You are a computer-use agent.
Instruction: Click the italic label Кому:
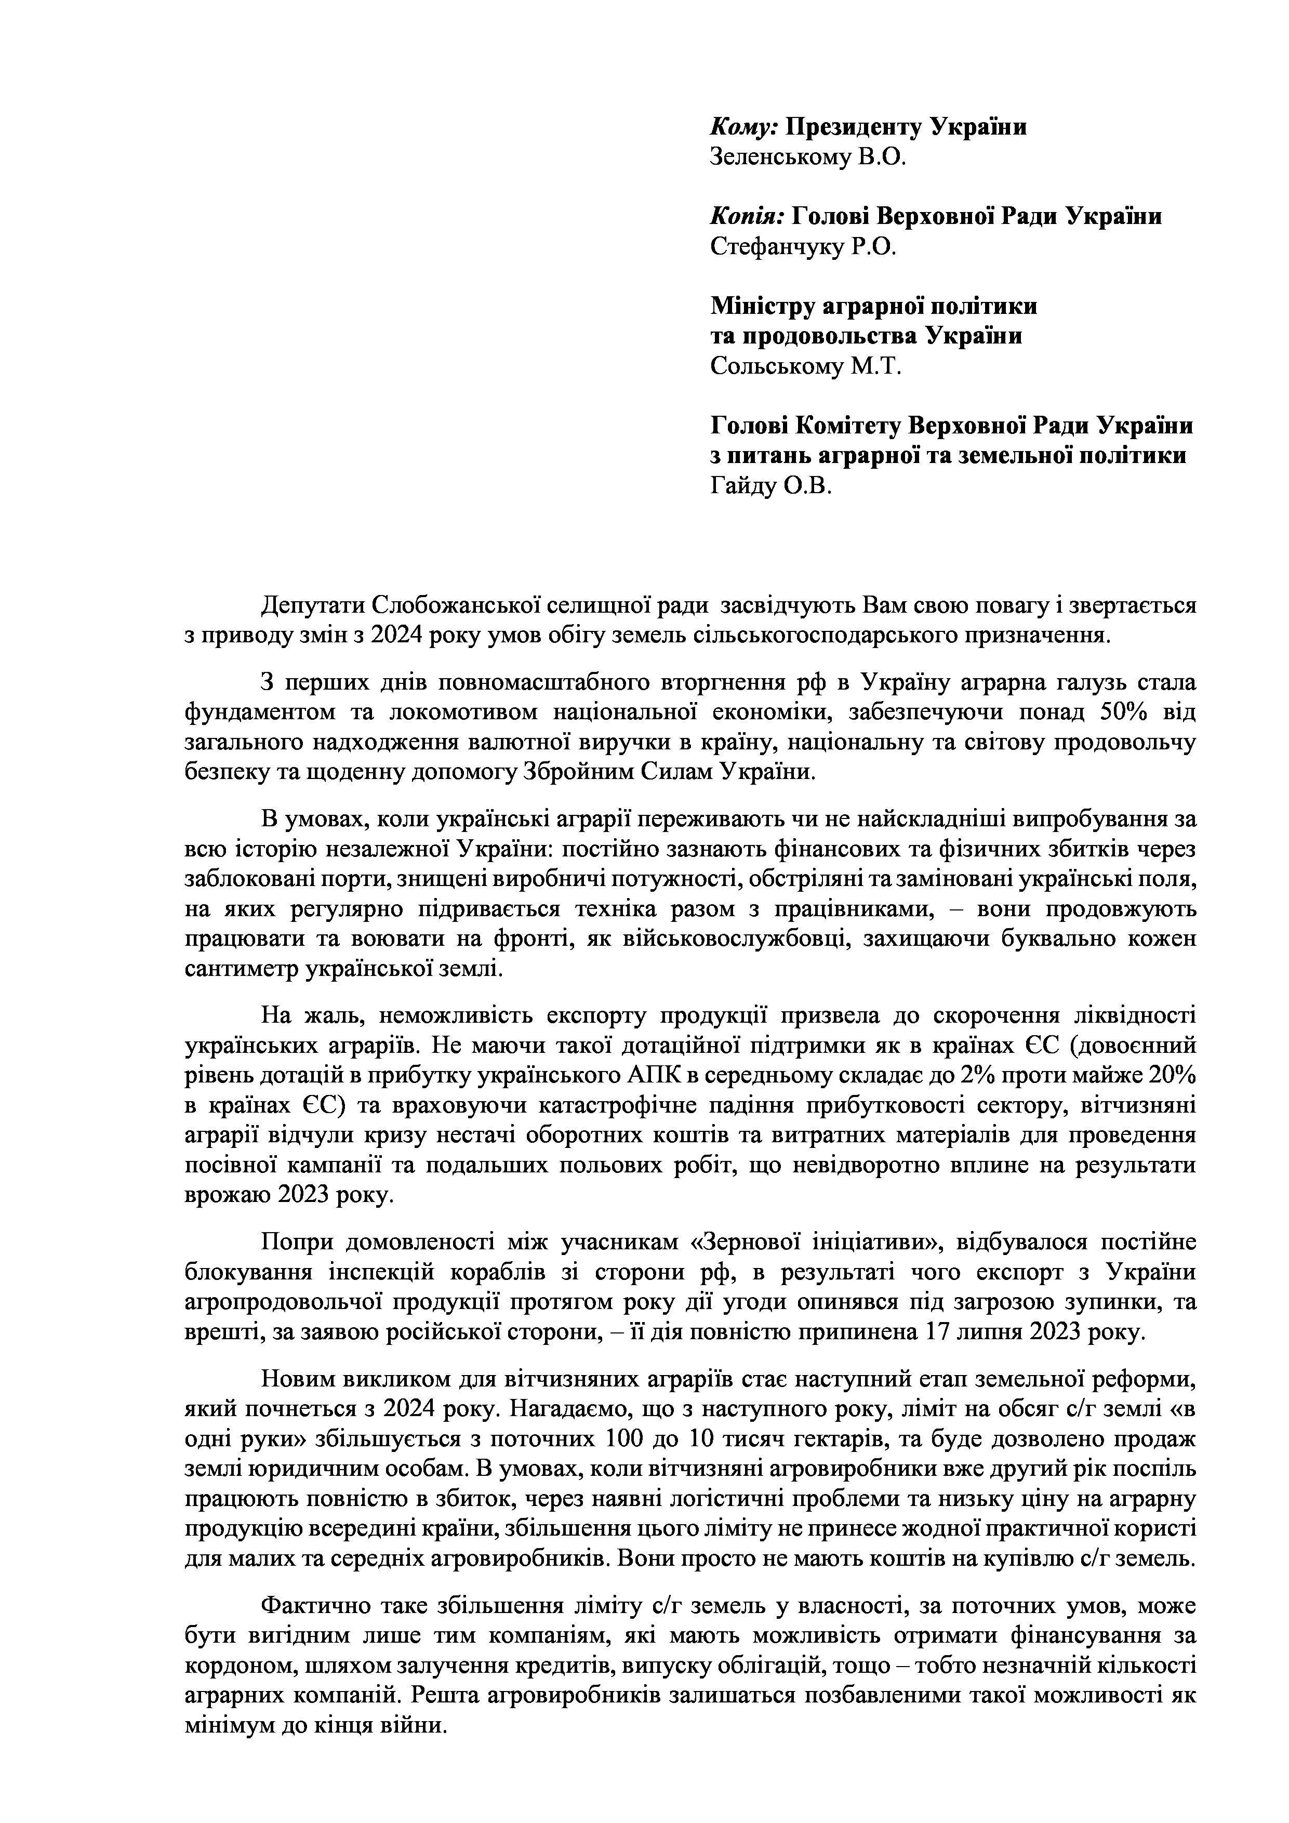743,127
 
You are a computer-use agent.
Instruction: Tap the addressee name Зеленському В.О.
807,157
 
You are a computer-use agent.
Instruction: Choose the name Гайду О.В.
770,486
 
